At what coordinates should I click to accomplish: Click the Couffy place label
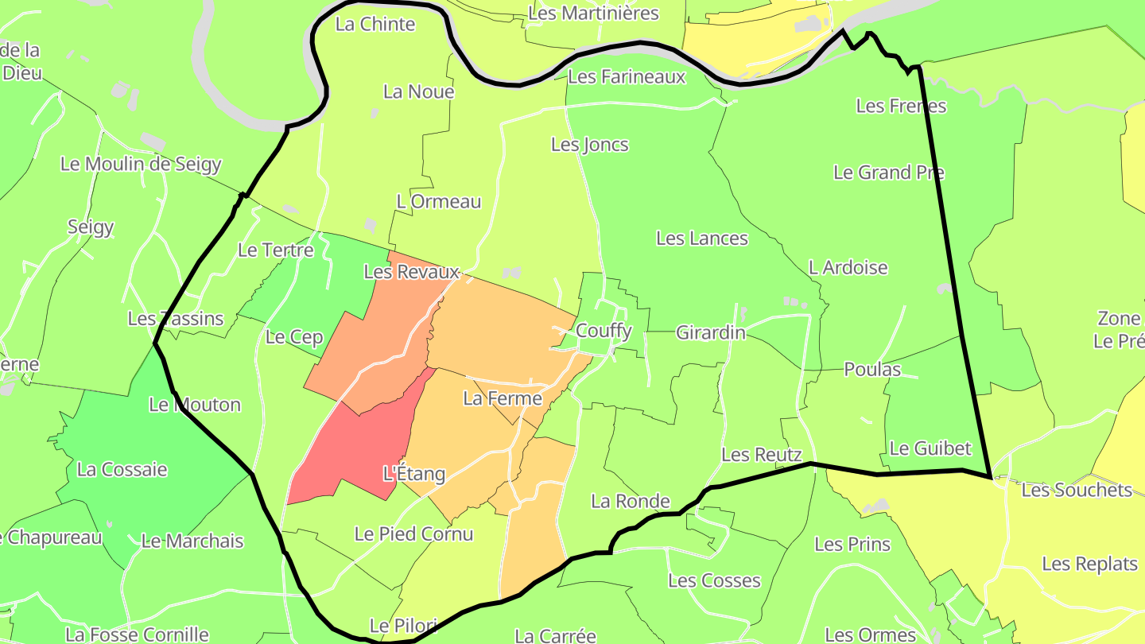(604, 331)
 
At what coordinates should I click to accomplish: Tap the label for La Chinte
(375, 24)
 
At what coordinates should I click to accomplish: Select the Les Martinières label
(594, 14)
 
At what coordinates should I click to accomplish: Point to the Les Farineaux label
(627, 77)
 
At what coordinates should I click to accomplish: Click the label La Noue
(418, 91)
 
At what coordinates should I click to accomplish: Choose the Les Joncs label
(590, 145)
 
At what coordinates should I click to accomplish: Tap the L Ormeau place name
(439, 202)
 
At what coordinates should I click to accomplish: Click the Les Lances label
(702, 239)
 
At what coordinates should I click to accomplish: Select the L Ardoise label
(848, 268)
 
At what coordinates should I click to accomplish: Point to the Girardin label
(711, 332)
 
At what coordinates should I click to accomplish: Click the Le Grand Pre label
(889, 173)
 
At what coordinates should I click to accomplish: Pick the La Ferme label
(503, 398)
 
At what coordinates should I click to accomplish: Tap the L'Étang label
(413, 474)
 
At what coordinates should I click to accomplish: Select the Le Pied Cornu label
(413, 534)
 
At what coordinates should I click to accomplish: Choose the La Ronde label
(631, 502)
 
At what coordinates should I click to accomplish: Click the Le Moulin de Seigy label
(141, 165)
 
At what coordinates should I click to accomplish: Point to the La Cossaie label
(122, 469)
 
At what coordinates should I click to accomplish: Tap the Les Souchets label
(1077, 490)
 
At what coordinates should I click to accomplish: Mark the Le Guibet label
(930, 448)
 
